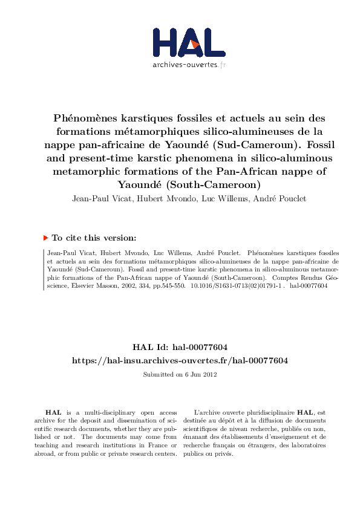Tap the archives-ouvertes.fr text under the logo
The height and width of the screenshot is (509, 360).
189,64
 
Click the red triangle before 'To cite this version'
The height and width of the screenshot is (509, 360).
46,238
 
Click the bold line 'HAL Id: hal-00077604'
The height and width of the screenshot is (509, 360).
180,347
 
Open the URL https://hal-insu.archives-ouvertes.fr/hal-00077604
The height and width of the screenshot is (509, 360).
180,360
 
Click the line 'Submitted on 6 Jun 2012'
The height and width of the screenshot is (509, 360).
180,375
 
